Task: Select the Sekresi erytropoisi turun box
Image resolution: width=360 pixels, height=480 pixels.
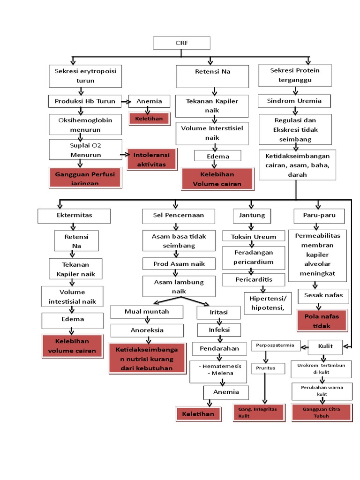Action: coord(85,76)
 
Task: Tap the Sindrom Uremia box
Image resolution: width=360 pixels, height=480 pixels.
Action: coord(294,101)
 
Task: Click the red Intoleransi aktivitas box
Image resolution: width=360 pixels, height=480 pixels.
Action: coord(152,159)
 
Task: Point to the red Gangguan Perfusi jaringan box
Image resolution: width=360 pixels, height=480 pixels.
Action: coord(85,178)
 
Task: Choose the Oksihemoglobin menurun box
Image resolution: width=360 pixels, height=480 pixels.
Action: coord(85,125)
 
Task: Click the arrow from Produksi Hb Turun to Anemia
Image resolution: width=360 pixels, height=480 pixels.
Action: coord(126,101)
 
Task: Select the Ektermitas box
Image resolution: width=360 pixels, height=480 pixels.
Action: coord(74,216)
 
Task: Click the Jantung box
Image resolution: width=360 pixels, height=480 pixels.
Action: coord(252,216)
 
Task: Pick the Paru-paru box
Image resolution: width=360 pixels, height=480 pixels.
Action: coord(319,216)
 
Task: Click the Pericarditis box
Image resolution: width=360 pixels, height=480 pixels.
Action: coord(254,280)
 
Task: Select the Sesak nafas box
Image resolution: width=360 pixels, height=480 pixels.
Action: coord(323,296)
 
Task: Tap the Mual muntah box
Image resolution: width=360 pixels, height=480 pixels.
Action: coord(147,312)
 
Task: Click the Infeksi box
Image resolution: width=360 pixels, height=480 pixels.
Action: coord(219,330)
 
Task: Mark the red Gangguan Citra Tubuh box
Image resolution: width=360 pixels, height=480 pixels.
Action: coord(321,412)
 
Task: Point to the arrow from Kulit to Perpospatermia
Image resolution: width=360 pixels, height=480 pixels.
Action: coord(304,347)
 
